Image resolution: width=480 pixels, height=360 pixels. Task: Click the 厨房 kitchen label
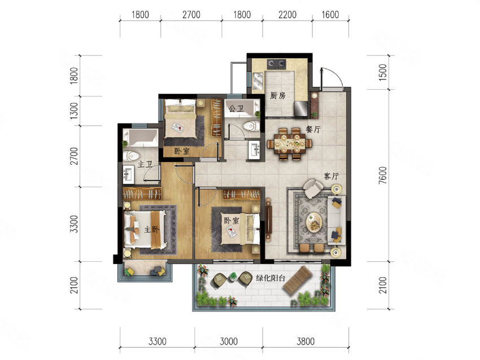coord(278,96)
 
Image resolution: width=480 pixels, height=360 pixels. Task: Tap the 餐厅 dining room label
coord(313,129)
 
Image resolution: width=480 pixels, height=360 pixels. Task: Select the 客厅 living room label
coord(331,176)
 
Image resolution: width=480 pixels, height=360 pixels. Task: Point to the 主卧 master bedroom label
coord(151,229)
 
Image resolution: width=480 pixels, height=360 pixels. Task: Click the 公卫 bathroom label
coord(236,108)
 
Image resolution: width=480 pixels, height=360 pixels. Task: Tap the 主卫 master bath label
coord(145,164)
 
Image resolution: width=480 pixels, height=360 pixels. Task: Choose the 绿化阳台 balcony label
coord(270,278)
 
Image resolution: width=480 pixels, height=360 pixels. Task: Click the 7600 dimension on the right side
coord(383,175)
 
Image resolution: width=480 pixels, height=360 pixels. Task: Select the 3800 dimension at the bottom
coord(306,341)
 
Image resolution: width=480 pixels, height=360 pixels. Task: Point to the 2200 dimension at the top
coord(287,15)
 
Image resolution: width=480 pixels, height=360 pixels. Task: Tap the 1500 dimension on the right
coord(383,72)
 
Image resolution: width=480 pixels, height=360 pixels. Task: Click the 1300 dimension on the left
coord(74,111)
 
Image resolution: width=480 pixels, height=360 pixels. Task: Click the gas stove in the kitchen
coord(277,64)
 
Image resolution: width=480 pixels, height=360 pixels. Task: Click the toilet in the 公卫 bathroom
coord(251,126)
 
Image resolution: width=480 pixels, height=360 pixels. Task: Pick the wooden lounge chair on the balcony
coord(297,279)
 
